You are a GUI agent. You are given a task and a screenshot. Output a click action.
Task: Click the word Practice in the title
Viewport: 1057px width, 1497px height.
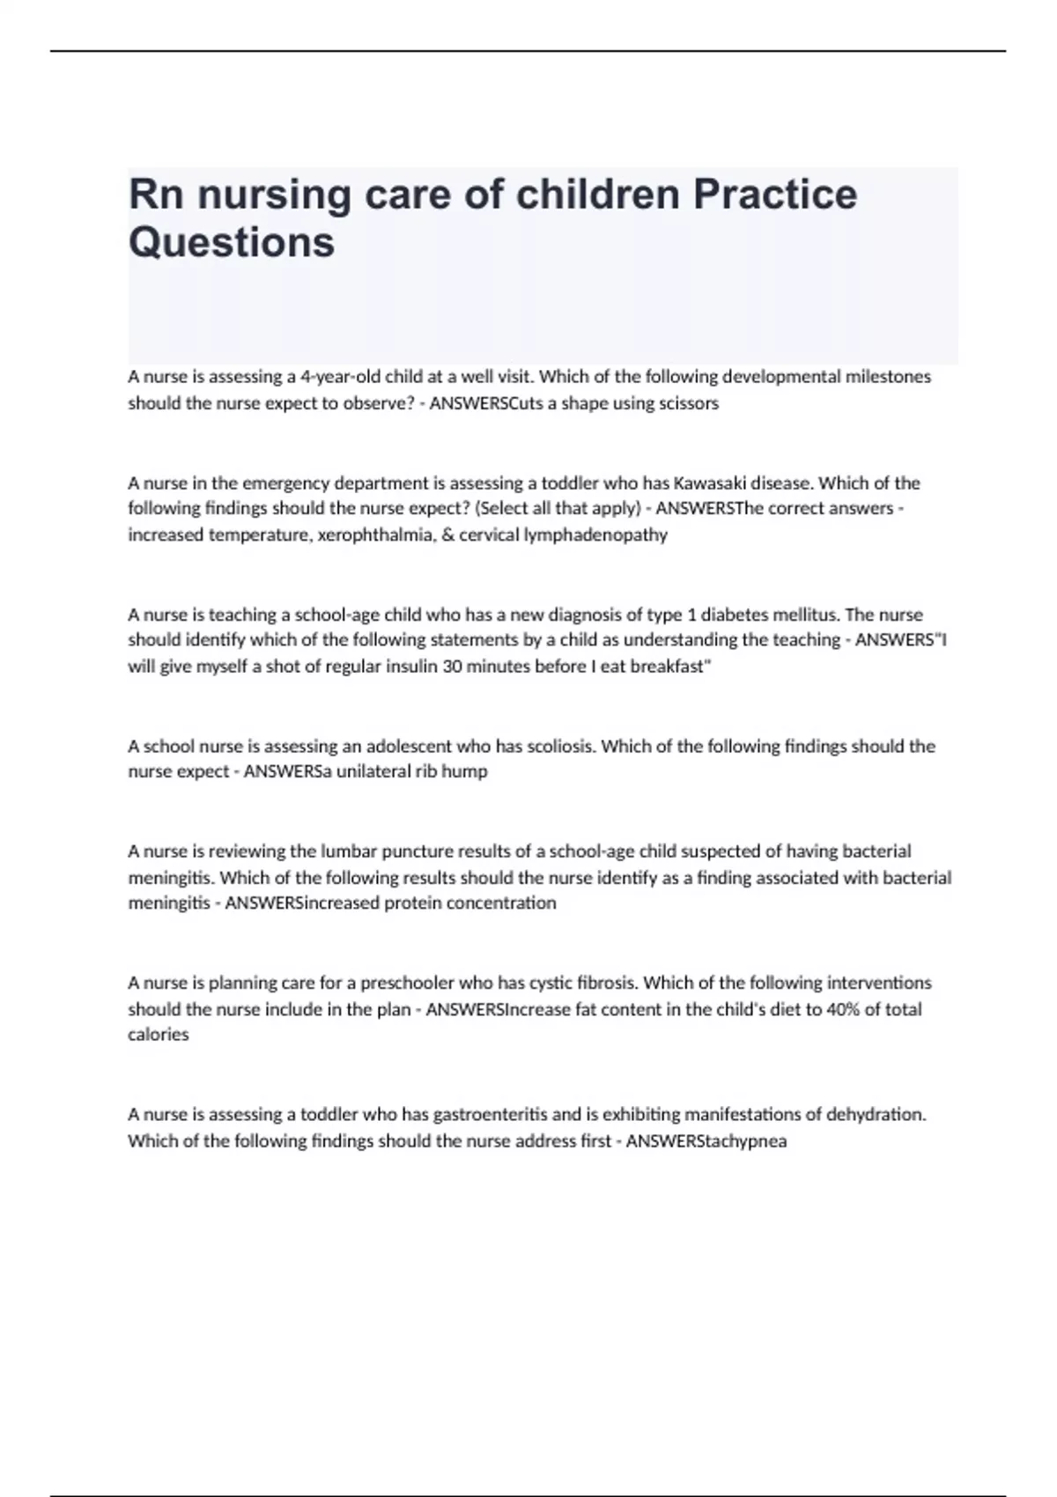[774, 195]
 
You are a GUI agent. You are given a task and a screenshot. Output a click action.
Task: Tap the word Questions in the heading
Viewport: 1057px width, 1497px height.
[232, 242]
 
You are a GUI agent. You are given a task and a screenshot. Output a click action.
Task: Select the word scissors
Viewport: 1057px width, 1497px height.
[688, 403]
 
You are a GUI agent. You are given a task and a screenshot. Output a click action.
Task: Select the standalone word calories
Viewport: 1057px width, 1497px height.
[159, 1035]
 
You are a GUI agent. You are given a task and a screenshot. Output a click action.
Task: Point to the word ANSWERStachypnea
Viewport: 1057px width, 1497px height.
[706, 1141]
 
